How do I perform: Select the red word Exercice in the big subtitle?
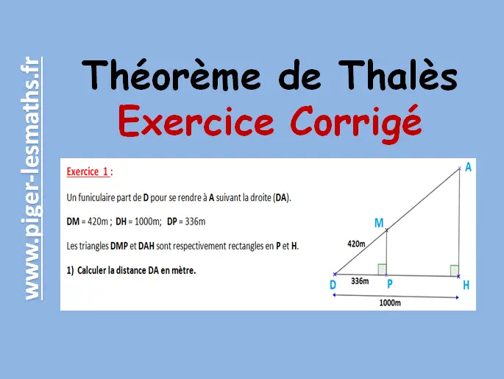tap(196, 121)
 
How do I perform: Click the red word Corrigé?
tap(356, 123)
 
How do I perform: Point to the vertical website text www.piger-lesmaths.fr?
tap(32, 178)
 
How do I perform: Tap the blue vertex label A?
tap(469, 167)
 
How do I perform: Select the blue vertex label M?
tap(379, 223)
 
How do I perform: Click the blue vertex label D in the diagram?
tap(333, 285)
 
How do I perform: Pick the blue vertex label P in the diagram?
tap(389, 284)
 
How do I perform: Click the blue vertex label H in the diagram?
tap(466, 285)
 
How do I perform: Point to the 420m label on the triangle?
tap(356, 244)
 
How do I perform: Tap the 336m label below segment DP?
tap(360, 281)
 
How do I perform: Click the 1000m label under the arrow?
tap(390, 302)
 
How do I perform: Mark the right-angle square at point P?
tap(382, 269)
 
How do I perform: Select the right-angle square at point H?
tap(455, 270)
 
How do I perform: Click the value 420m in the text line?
tap(98, 222)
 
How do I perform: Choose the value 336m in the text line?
tap(195, 222)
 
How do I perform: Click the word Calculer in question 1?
tap(92, 270)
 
